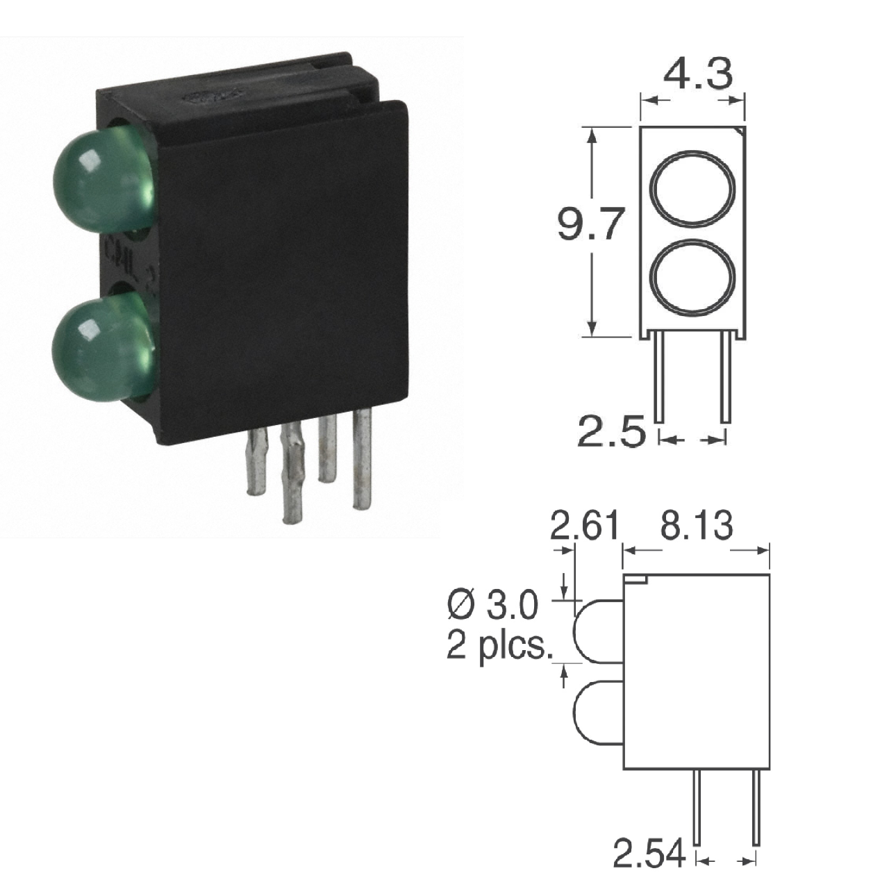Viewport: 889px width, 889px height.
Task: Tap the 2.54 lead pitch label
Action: coord(649,854)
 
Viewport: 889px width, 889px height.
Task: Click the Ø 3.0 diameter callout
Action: coord(492,606)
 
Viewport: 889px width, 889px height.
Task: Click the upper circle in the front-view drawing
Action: coord(692,188)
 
